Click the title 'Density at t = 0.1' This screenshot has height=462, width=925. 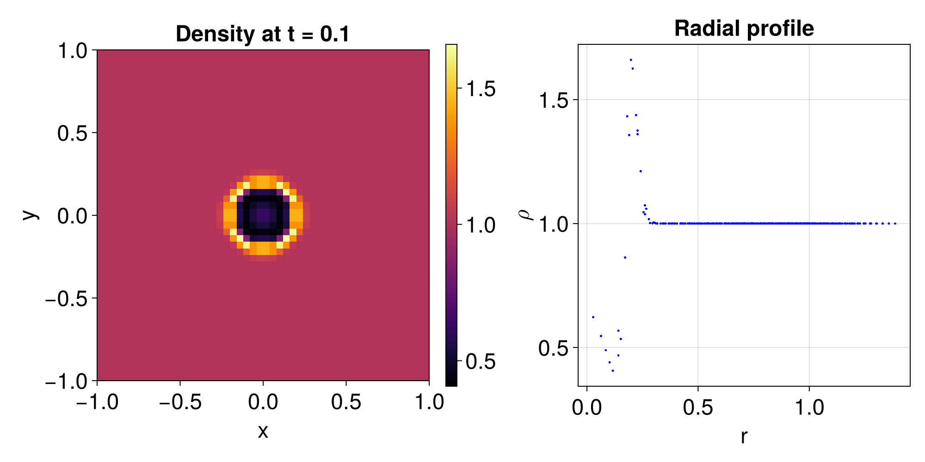[263, 34]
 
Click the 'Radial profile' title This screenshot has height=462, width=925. [744, 29]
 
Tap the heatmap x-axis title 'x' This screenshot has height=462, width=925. [263, 432]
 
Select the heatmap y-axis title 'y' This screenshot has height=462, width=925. [30, 215]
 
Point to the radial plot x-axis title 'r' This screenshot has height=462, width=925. [744, 436]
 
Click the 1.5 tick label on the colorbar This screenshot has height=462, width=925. [481, 89]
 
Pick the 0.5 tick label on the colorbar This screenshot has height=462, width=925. [481, 362]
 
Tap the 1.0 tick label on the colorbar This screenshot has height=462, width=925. [481, 225]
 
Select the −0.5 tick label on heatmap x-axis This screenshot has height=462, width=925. [180, 402]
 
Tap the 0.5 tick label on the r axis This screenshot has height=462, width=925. [698, 407]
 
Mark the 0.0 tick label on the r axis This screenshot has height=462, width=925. [587, 407]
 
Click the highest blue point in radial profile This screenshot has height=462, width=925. [630, 60]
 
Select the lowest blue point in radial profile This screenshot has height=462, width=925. [613, 371]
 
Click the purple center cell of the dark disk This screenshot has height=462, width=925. [263, 215]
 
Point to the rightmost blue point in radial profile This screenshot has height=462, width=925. [895, 224]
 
